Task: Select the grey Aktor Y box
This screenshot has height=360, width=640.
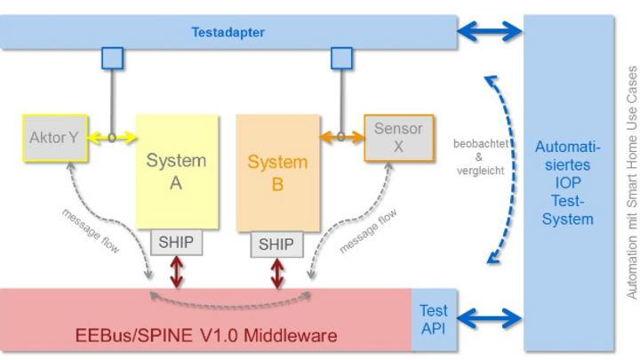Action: (x=54, y=138)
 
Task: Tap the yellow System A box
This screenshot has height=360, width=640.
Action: (x=176, y=172)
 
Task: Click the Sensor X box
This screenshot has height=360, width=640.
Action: (x=398, y=138)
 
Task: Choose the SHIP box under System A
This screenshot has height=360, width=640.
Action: (x=175, y=243)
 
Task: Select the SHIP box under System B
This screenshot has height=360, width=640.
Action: (x=276, y=243)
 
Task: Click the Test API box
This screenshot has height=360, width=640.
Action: (x=434, y=320)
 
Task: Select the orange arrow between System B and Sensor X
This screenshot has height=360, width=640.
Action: (x=341, y=138)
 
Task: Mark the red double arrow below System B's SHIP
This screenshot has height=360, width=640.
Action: (x=276, y=271)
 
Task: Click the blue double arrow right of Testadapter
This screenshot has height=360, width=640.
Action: (x=489, y=33)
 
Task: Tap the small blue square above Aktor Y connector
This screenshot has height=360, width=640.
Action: (x=112, y=60)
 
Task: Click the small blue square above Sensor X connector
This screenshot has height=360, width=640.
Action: (x=341, y=60)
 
